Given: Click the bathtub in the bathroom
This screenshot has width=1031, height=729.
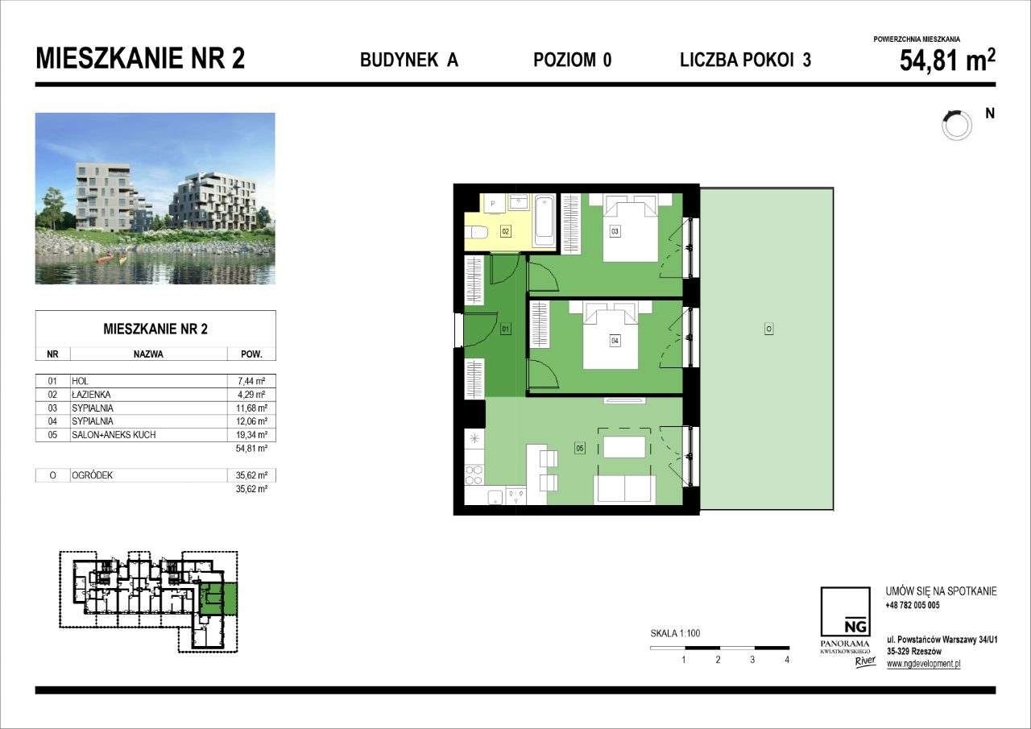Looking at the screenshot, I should (x=544, y=221).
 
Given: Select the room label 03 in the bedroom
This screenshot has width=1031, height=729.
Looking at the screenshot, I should (x=615, y=232).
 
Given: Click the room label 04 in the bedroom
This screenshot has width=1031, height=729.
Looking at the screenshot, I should (x=615, y=341).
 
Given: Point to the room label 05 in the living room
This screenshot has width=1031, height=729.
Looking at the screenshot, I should (x=579, y=448).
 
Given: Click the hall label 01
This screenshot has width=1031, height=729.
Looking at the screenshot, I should (x=505, y=329).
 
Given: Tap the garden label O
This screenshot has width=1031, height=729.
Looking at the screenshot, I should (x=769, y=329).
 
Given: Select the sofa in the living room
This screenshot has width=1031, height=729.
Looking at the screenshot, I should (x=624, y=489).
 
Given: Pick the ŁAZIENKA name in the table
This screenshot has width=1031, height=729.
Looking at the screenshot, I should (x=90, y=395).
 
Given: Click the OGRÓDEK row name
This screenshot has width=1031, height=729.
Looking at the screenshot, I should (x=92, y=475).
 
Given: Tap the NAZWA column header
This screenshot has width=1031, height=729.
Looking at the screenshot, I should (x=149, y=354).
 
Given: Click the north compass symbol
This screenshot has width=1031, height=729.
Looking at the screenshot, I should (x=956, y=124).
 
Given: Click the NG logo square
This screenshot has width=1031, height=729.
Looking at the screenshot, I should (x=845, y=613).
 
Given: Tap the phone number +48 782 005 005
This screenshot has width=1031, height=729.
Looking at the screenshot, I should (x=912, y=605).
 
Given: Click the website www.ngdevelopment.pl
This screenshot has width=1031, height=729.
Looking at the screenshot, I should (x=923, y=664).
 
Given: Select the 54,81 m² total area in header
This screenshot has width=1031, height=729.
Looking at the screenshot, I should (x=946, y=61).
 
